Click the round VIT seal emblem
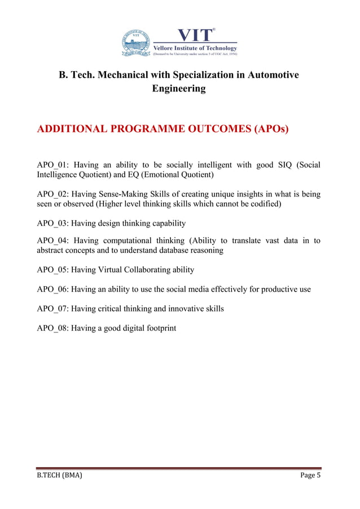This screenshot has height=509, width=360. [136, 43]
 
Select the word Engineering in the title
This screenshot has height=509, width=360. [179, 89]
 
